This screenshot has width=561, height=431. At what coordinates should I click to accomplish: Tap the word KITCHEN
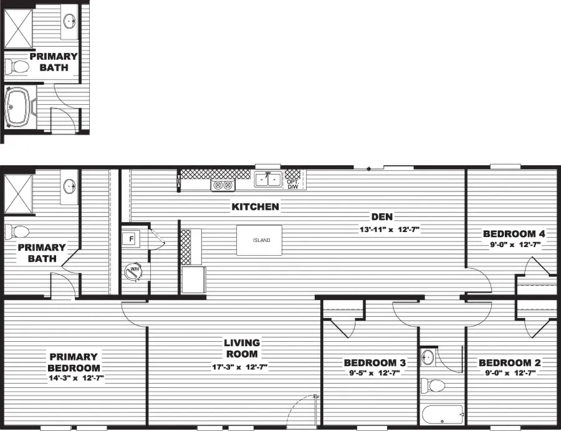(x=256, y=206)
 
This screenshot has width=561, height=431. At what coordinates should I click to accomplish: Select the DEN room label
(x=381, y=217)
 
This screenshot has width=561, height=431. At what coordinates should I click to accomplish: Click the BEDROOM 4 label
(x=514, y=234)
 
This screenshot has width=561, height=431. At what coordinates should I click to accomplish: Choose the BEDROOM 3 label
(x=375, y=362)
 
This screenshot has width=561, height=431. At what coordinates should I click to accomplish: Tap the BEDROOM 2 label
(x=509, y=362)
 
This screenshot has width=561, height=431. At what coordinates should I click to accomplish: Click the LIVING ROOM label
(x=242, y=348)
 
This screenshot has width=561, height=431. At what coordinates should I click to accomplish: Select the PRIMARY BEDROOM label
(x=74, y=362)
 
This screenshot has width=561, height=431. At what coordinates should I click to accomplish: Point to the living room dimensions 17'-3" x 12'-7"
(x=239, y=367)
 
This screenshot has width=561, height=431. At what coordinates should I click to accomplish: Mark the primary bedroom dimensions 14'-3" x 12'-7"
(x=75, y=378)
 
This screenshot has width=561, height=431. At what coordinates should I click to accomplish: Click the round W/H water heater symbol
(x=133, y=271)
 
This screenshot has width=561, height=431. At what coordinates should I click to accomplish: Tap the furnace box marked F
(x=132, y=239)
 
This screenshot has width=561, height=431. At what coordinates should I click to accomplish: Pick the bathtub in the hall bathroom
(x=441, y=414)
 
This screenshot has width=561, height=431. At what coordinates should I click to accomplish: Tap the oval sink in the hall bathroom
(x=428, y=357)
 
